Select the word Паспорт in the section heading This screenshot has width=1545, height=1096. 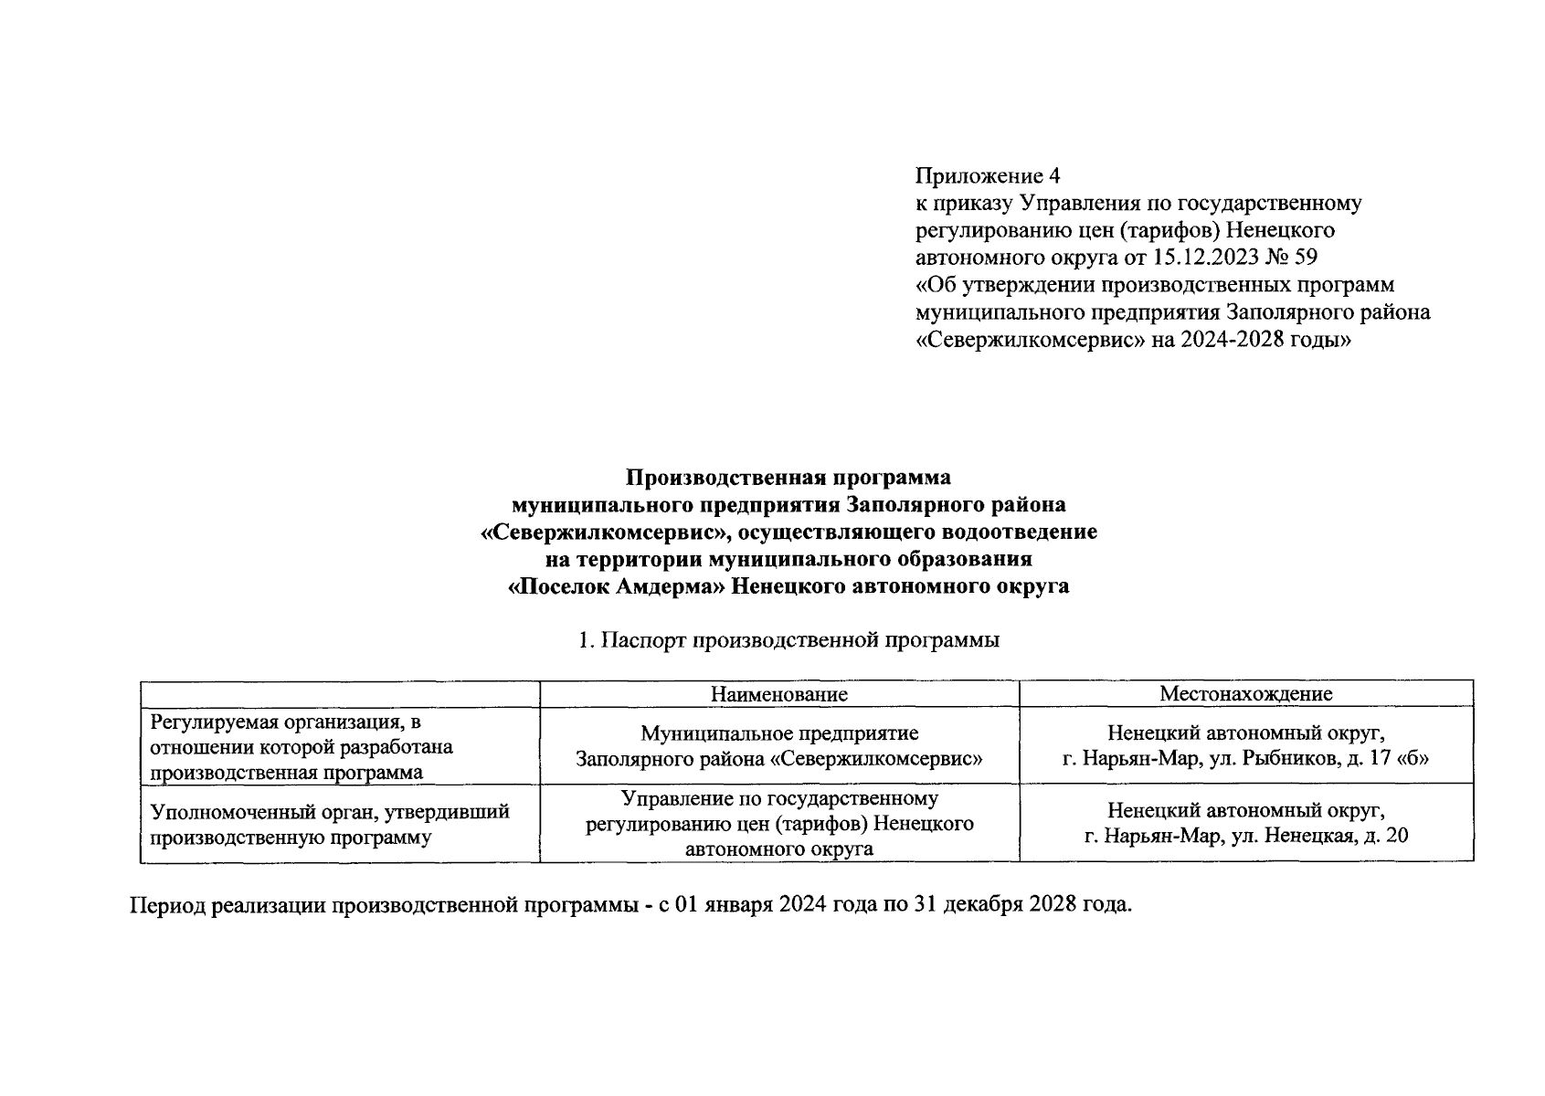644,640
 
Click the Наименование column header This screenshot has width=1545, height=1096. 779,694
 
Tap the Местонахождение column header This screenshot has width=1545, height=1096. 1246,694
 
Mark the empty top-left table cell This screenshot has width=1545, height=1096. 339,694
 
